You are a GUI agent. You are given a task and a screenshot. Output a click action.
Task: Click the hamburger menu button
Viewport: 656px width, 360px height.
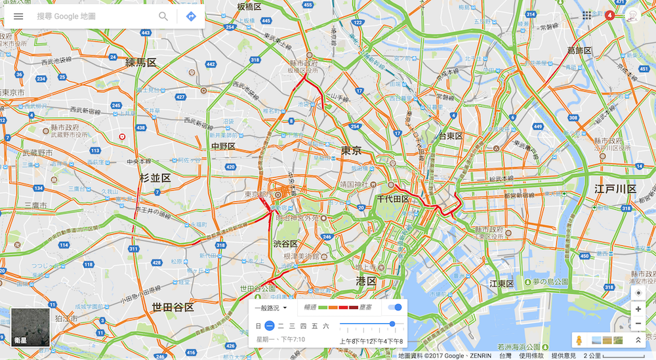click(x=18, y=16)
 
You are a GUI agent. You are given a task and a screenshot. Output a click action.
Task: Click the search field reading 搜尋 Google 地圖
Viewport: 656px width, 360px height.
click(x=92, y=16)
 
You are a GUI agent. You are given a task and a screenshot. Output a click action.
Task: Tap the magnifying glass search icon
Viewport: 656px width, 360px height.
click(x=163, y=16)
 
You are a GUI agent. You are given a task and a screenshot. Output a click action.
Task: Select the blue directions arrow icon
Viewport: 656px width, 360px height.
click(x=191, y=16)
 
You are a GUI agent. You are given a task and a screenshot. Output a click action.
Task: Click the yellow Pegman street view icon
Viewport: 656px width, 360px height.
click(x=579, y=340)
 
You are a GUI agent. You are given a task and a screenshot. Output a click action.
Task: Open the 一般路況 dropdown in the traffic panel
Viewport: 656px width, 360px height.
click(x=271, y=308)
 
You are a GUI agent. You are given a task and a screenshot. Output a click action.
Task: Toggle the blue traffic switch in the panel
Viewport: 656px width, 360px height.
click(x=396, y=307)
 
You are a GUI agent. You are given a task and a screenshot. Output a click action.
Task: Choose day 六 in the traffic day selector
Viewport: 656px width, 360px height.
click(x=325, y=326)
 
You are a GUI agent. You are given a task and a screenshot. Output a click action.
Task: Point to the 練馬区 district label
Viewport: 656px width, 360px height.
click(x=141, y=63)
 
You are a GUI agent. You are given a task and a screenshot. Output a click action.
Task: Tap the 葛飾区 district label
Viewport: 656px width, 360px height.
click(x=579, y=50)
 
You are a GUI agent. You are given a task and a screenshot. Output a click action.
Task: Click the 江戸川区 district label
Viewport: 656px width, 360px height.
click(x=615, y=189)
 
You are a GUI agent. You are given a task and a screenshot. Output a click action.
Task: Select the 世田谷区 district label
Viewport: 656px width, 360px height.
click(x=173, y=307)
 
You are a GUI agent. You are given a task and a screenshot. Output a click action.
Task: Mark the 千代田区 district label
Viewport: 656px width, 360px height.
click(x=393, y=199)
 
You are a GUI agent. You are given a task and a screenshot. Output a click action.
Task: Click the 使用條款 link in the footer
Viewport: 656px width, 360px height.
click(x=531, y=355)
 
